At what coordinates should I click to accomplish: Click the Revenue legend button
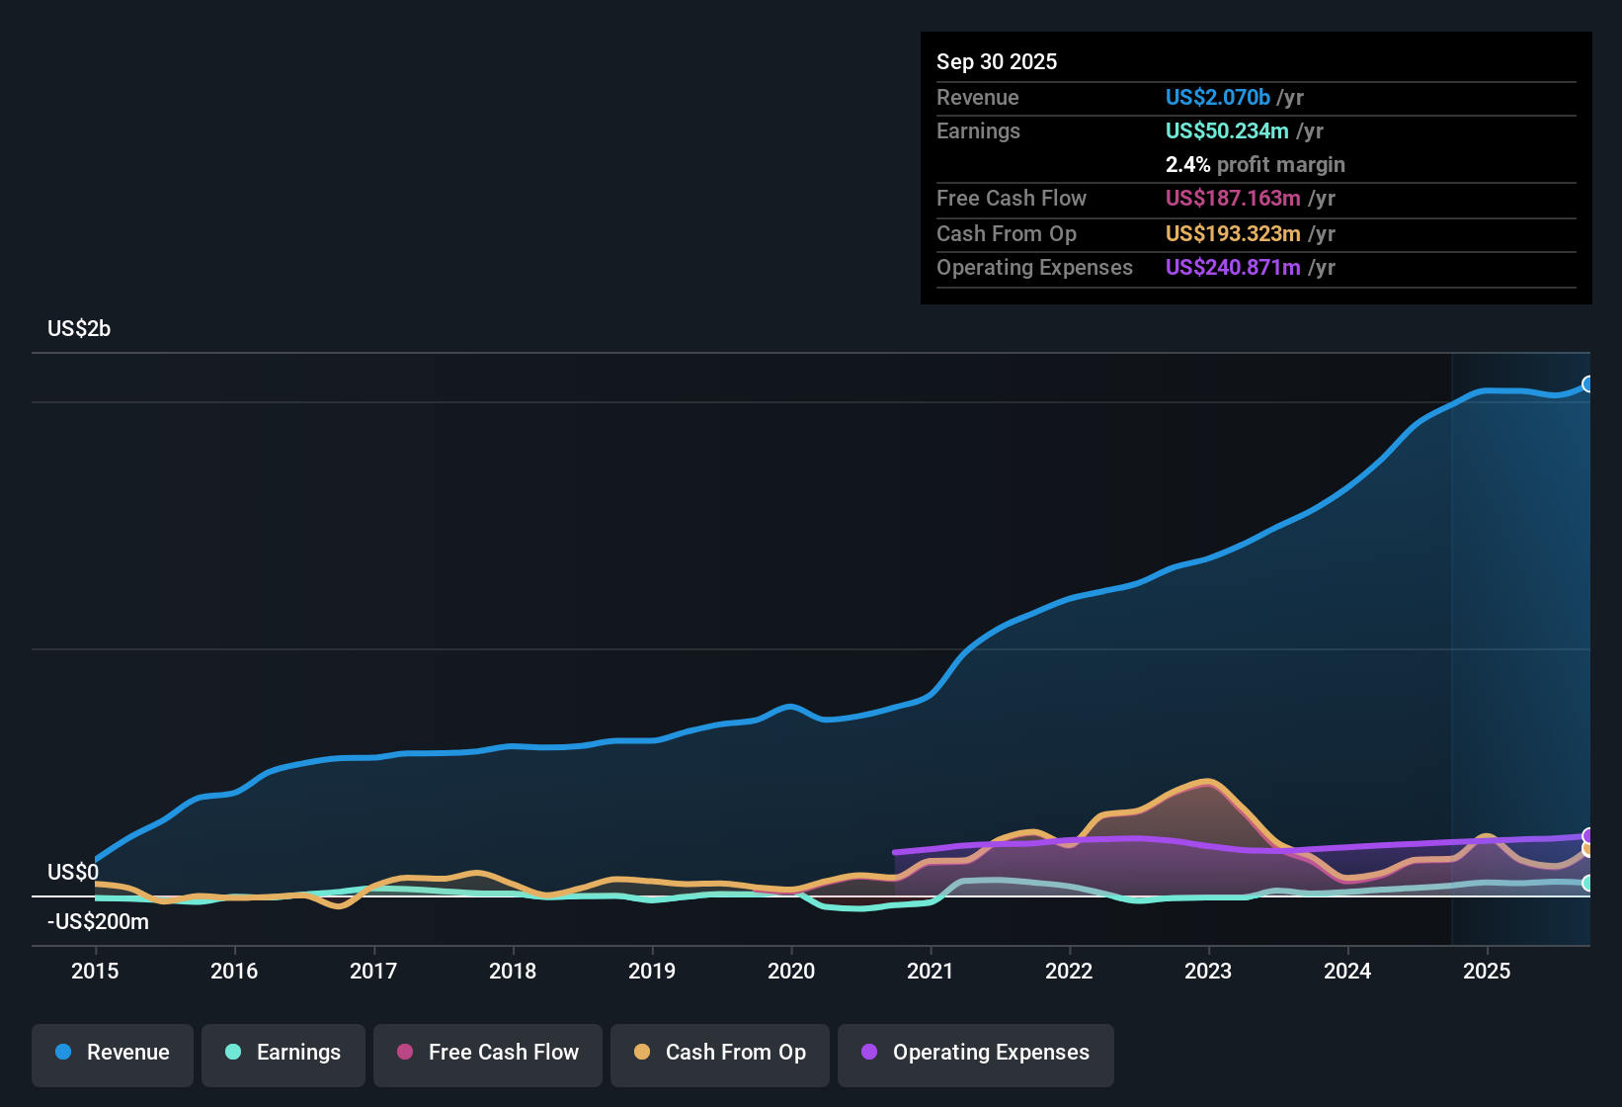(x=113, y=1053)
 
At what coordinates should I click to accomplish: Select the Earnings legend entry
(x=284, y=1053)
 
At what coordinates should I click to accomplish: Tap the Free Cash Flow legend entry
(x=488, y=1053)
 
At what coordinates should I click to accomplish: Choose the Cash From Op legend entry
(x=720, y=1053)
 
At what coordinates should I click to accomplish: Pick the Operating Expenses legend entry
(x=976, y=1053)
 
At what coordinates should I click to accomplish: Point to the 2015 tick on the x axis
(x=95, y=971)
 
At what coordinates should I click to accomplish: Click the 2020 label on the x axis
(x=791, y=971)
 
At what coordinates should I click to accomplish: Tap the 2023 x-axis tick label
(x=1208, y=971)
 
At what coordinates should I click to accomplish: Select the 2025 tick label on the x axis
(x=1487, y=971)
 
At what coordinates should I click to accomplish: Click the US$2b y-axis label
(x=79, y=329)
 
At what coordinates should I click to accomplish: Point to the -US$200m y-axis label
(x=98, y=922)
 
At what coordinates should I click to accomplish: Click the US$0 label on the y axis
(x=73, y=873)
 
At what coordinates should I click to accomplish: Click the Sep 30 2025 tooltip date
(x=997, y=62)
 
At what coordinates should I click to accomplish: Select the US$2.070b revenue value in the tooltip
(x=1217, y=98)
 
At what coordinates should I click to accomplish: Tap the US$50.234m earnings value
(x=1227, y=131)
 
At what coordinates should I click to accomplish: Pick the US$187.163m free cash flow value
(x=1233, y=199)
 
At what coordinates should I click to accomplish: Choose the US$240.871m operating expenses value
(x=1233, y=268)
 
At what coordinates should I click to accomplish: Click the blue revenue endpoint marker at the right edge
(x=1587, y=384)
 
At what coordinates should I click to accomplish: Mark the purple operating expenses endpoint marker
(x=1587, y=836)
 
